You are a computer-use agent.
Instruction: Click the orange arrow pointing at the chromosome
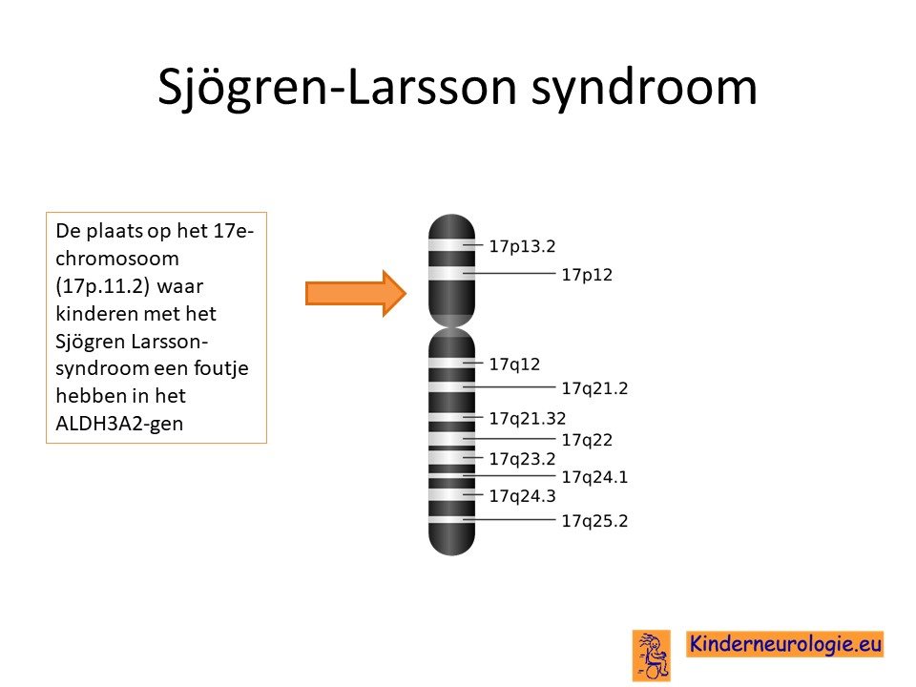(x=356, y=293)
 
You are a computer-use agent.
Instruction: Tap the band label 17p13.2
(x=522, y=246)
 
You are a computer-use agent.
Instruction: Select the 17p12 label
(x=587, y=275)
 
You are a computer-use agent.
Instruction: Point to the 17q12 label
(x=514, y=364)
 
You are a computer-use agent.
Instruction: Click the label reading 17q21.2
(x=594, y=388)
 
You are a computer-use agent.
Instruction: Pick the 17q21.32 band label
(x=528, y=418)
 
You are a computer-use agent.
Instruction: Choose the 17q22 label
(x=587, y=440)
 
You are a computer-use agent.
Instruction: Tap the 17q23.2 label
(x=522, y=459)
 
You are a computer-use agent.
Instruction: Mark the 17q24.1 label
(x=594, y=477)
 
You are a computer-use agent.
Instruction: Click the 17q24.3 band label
(x=522, y=496)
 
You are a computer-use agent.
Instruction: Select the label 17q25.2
(x=594, y=521)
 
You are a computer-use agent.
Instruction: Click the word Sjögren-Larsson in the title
(x=338, y=88)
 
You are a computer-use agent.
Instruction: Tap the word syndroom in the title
(x=644, y=88)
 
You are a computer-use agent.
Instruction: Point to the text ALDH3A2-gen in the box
(x=119, y=424)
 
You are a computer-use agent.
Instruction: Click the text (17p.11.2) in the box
(x=103, y=286)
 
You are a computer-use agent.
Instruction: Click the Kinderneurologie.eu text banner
(x=784, y=644)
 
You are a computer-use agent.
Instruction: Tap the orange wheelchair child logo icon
(x=652, y=655)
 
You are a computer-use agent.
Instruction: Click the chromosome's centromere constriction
(x=451, y=327)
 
